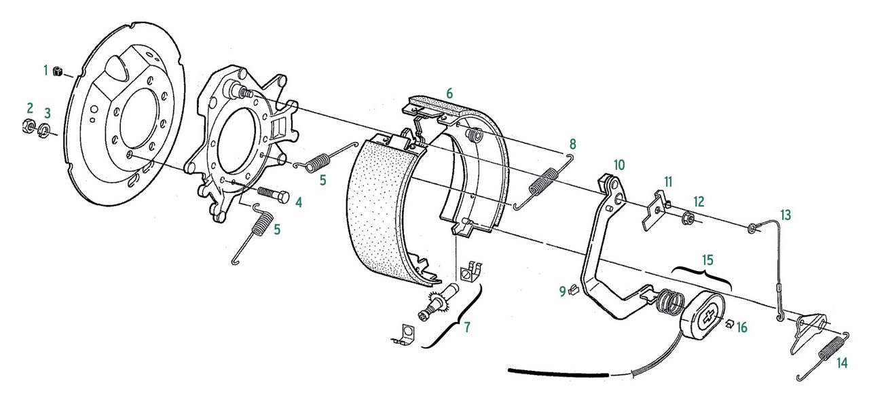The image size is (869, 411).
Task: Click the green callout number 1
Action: pos(45,71)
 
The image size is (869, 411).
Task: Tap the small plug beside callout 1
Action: pos(58,71)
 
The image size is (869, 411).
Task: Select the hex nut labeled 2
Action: pos(28,126)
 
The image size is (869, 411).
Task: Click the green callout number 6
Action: pos(449,94)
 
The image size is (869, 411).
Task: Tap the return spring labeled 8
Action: pos(543,181)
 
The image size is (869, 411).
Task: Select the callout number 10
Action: pos(619,165)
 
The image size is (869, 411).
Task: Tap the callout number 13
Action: pos(785,215)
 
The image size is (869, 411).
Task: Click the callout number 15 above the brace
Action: pos(707,260)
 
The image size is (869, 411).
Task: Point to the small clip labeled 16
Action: pos(730,323)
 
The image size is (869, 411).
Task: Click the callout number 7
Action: pos(467,327)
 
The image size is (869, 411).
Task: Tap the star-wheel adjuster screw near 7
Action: pos(438,303)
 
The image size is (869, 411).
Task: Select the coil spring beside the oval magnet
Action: pos(669,302)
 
